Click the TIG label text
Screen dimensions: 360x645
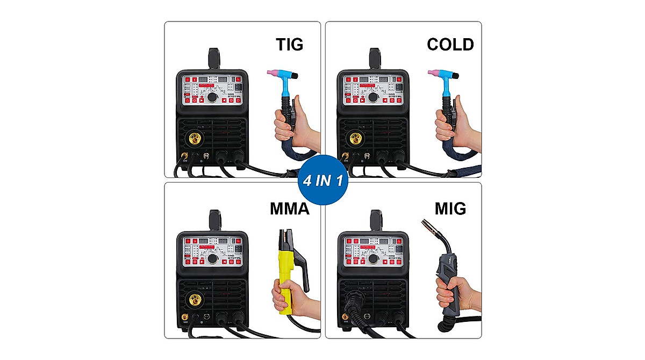tap(289, 44)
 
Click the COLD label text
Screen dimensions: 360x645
tap(450, 44)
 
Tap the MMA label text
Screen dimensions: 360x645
tap(289, 208)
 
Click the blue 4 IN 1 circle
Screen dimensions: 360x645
tap(322, 179)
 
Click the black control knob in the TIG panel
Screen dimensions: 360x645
tap(213, 98)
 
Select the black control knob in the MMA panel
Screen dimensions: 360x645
tap(213, 259)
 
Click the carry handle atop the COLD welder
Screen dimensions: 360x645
tap(374, 57)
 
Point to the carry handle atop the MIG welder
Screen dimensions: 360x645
tap(374, 219)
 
